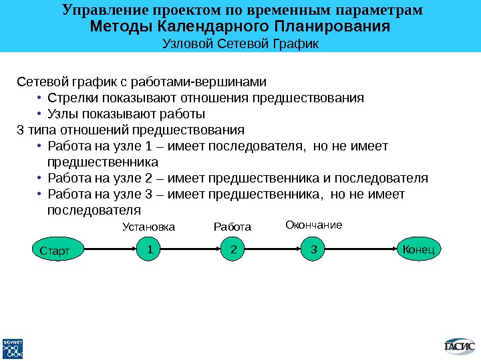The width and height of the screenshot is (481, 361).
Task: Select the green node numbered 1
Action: [x=149, y=249]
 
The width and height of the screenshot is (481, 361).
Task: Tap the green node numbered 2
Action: [x=233, y=249]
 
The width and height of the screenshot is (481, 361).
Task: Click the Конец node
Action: [x=419, y=249]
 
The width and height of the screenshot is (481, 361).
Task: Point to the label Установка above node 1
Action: [x=148, y=227]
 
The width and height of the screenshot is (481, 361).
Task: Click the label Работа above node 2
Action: [x=232, y=227]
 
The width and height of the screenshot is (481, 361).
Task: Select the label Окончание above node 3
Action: [x=313, y=225]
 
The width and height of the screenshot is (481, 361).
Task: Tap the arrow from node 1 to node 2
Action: [x=191, y=250]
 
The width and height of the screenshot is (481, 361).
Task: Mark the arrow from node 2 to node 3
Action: [x=273, y=250]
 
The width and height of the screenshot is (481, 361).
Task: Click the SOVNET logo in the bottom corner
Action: [x=13, y=348]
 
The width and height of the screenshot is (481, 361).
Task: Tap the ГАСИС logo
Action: [x=459, y=346]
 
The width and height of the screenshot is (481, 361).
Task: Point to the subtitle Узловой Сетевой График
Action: [x=240, y=43]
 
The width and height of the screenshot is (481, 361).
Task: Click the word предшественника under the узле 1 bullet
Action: [x=103, y=162]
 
